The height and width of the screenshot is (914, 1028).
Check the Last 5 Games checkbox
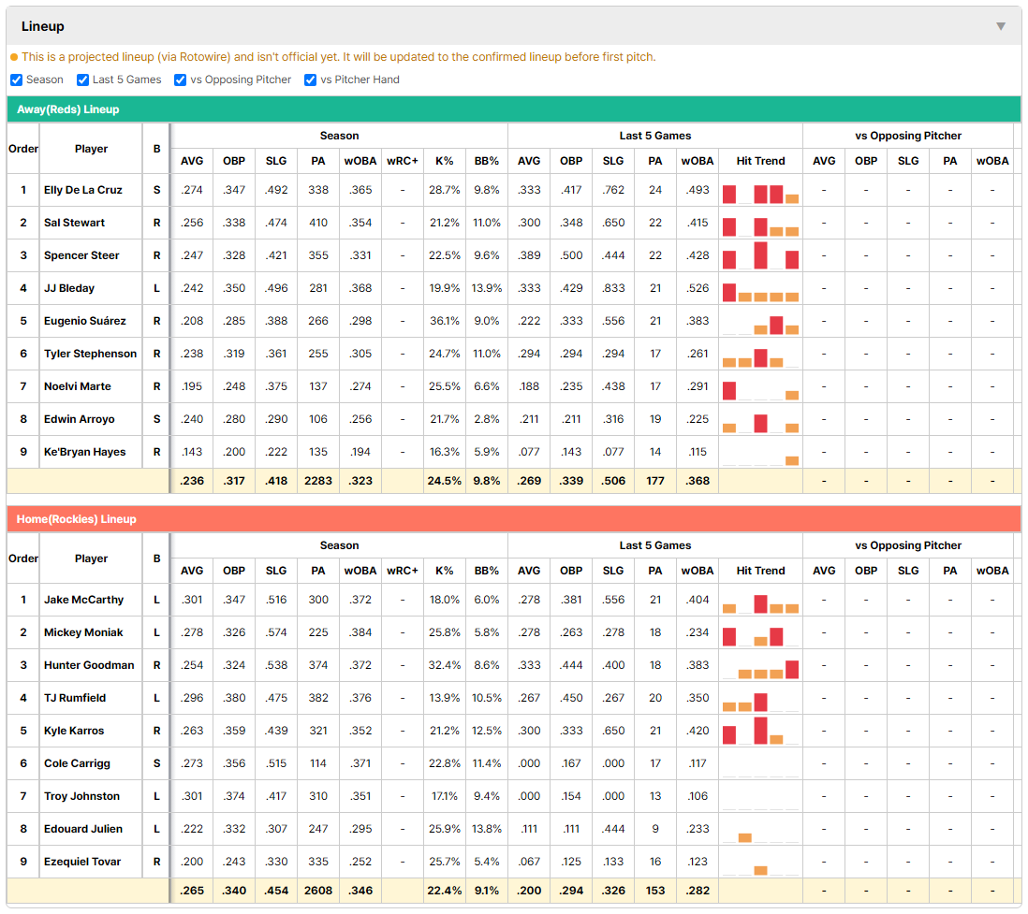[82, 80]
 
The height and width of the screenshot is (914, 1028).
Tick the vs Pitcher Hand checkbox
[311, 80]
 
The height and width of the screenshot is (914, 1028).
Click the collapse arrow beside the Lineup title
[1001, 26]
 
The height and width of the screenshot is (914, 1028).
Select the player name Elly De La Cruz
[83, 190]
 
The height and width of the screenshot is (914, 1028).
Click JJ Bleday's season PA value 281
[318, 288]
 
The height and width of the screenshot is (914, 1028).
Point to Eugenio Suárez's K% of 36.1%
[445, 321]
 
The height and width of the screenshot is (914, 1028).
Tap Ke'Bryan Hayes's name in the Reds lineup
[84, 452]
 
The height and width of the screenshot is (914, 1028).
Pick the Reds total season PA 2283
[318, 481]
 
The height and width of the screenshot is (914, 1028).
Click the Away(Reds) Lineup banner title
[68, 109]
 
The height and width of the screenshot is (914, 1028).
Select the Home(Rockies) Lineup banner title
[77, 519]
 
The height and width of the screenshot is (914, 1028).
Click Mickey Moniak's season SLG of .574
[276, 632]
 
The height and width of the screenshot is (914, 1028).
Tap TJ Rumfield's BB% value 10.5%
[487, 698]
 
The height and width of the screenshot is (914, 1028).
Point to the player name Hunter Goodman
[89, 665]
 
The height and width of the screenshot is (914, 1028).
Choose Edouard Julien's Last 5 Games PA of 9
[655, 829]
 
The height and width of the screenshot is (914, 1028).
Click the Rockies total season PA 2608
[318, 891]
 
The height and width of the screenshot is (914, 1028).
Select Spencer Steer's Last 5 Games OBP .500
[571, 255]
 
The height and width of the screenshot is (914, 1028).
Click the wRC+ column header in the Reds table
[403, 161]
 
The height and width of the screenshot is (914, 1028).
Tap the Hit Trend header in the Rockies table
[760, 571]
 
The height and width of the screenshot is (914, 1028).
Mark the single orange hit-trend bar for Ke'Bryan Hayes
[792, 460]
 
